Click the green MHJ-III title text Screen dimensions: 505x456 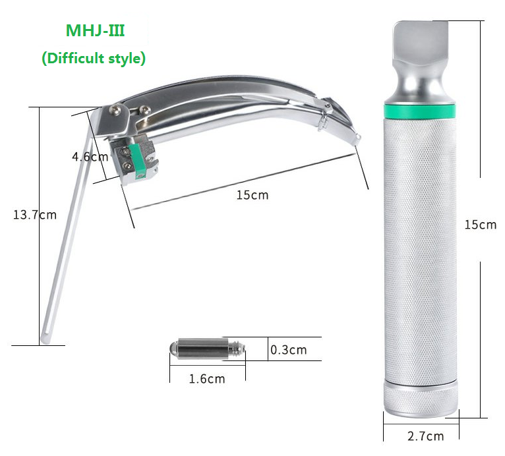pos(95,30)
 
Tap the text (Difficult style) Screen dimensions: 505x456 pos(94,58)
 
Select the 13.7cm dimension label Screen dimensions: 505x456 pos(35,215)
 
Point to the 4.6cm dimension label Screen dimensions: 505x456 pos(90,157)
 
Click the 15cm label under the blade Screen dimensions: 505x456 pos(252,195)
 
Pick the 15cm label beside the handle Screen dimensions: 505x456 pos(481,225)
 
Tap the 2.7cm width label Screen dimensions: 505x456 pos(425,436)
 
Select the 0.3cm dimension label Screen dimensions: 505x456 pos(289,350)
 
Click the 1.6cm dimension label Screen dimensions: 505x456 pos(207,379)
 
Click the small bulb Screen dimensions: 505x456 pos(208,348)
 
